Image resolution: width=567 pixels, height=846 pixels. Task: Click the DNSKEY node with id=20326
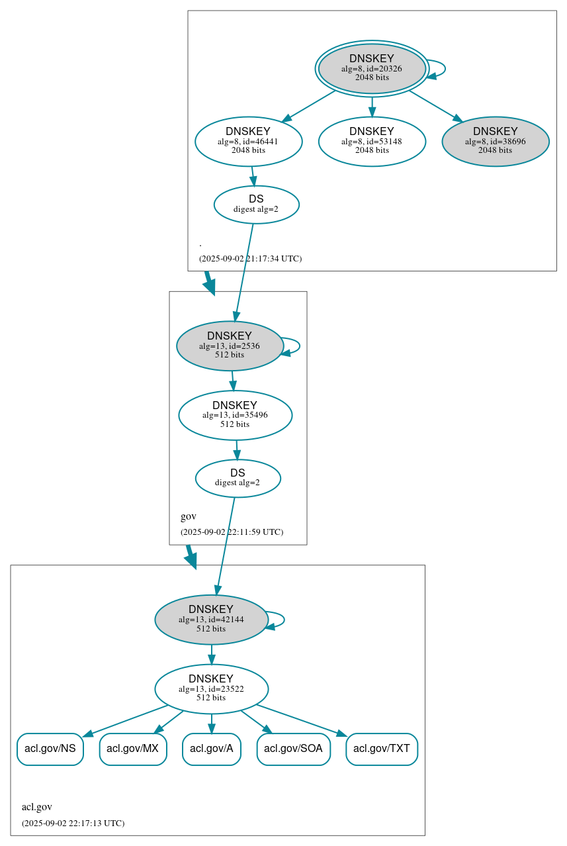tap(372, 68)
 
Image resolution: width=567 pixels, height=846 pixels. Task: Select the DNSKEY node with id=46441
tap(249, 141)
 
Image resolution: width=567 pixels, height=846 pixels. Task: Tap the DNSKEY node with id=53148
tap(372, 141)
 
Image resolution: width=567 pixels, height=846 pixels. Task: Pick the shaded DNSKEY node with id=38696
tap(496, 141)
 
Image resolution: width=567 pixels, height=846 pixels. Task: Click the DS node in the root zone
tap(257, 205)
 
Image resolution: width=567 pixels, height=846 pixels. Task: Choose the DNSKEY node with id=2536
tap(230, 346)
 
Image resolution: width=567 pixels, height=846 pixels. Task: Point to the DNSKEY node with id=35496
tap(235, 415)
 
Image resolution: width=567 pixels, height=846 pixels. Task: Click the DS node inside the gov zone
tap(238, 478)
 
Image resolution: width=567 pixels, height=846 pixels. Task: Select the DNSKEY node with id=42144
tap(211, 620)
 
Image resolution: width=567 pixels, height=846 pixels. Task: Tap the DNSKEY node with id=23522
tap(211, 689)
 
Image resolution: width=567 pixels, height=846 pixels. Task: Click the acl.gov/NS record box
tap(50, 749)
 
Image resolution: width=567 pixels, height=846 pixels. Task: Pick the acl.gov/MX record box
tap(133, 749)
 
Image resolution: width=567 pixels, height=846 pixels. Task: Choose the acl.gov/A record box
tap(212, 749)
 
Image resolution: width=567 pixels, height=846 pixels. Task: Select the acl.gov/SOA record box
tap(293, 749)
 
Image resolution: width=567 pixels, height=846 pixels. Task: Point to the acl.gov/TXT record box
tap(382, 749)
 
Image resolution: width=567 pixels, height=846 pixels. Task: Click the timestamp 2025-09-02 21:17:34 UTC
tap(250, 259)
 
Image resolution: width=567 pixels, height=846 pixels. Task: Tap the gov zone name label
tap(189, 516)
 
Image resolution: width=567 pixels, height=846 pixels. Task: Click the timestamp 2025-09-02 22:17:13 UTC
tap(73, 823)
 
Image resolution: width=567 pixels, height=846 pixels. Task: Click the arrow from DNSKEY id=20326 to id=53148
tap(372, 106)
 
